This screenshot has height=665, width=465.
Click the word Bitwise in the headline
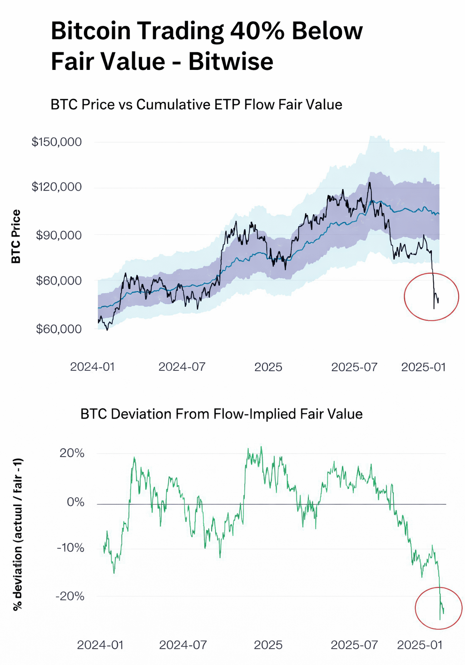[x=231, y=61]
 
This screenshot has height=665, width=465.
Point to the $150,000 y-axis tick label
[x=57, y=142]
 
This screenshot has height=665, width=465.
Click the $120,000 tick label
[x=57, y=187]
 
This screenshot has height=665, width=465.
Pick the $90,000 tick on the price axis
[x=59, y=235]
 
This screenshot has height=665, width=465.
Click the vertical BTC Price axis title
[x=16, y=236]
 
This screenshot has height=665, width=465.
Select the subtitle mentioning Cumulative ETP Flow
[x=196, y=104]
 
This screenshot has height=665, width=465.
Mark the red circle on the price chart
[x=431, y=297]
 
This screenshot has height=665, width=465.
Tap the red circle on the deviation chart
[x=439, y=608]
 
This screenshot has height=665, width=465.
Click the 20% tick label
[x=72, y=453]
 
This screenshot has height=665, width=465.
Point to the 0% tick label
[x=75, y=502]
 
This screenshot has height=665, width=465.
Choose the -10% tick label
[x=70, y=547]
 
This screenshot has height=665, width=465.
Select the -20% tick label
[x=70, y=596]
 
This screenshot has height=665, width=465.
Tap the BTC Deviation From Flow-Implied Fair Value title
[x=221, y=414]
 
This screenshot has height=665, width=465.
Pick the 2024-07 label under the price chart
[x=182, y=367]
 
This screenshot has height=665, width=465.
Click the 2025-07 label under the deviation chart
[x=354, y=645]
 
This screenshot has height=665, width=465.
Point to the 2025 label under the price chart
[x=268, y=367]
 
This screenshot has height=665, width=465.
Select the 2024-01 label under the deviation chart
[x=100, y=645]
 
